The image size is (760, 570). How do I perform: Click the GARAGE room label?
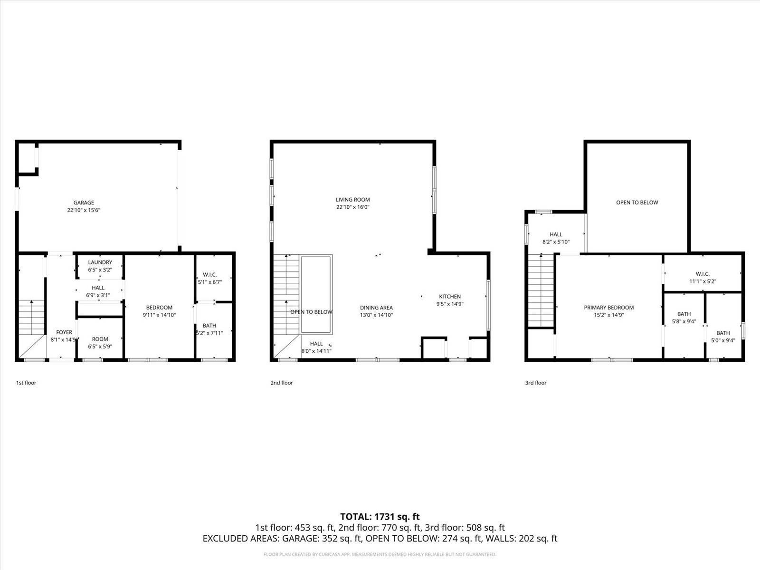pyautogui.click(x=84, y=203)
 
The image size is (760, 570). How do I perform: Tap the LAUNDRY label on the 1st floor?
pyautogui.click(x=100, y=262)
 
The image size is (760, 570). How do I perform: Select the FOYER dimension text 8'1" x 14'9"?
pyautogui.click(x=64, y=340)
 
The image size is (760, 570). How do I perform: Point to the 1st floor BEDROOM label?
pyautogui.click(x=159, y=308)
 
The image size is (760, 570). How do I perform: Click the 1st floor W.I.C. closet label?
pyautogui.click(x=209, y=275)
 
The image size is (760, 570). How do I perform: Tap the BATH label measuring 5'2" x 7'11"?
pyautogui.click(x=209, y=326)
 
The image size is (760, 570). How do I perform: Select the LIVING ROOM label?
pyautogui.click(x=352, y=200)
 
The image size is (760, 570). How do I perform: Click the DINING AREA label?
pyautogui.click(x=376, y=308)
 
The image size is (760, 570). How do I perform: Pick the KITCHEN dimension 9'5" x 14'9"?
pyautogui.click(x=450, y=304)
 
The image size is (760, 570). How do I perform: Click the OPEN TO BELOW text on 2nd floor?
pyautogui.click(x=311, y=312)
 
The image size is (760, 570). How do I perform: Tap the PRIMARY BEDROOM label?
pyautogui.click(x=608, y=308)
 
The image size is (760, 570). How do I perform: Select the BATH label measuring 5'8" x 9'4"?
pyautogui.click(x=684, y=314)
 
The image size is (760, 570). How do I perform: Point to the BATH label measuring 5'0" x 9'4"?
pyautogui.click(x=723, y=333)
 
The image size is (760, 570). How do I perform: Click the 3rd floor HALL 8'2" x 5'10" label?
pyautogui.click(x=556, y=234)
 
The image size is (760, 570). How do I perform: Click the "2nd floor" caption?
pyautogui.click(x=282, y=383)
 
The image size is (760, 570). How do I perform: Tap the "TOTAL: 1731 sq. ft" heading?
pyautogui.click(x=380, y=517)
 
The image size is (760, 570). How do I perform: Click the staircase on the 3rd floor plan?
pyautogui.click(x=541, y=291)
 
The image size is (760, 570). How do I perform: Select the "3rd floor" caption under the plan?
pyautogui.click(x=536, y=383)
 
